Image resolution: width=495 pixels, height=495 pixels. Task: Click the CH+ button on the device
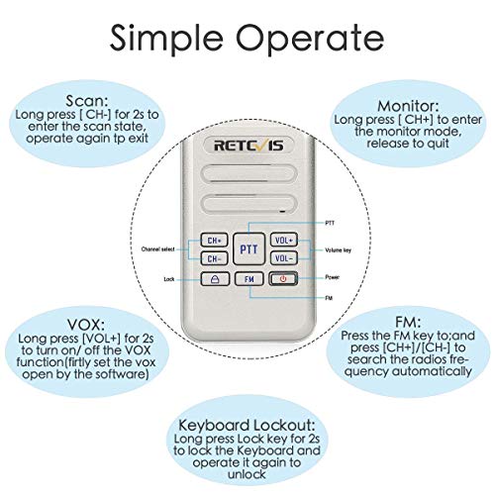point(214,240)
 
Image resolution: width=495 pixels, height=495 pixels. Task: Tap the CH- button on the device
point(214,258)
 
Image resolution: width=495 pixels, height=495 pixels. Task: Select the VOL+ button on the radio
point(284,240)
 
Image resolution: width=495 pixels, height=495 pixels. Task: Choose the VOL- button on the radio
point(284,258)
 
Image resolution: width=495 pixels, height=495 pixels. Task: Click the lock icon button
point(215,279)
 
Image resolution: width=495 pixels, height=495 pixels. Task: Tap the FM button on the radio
point(249,279)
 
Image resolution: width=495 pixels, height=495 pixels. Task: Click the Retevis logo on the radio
point(248,146)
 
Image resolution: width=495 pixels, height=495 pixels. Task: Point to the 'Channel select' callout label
point(157,249)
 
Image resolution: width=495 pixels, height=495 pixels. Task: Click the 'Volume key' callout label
point(338,250)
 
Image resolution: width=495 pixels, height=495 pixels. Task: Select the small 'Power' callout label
point(332,277)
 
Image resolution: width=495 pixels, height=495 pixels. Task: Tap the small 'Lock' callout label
point(169,279)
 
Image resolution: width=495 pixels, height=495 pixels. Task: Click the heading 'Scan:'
point(87,101)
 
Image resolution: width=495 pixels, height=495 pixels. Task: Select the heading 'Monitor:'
point(408,106)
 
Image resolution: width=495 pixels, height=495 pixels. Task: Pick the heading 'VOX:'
point(86,325)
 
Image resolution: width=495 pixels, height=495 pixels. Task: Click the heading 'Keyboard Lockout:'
point(247,425)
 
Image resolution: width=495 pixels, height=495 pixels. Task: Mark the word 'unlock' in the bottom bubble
point(247,474)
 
